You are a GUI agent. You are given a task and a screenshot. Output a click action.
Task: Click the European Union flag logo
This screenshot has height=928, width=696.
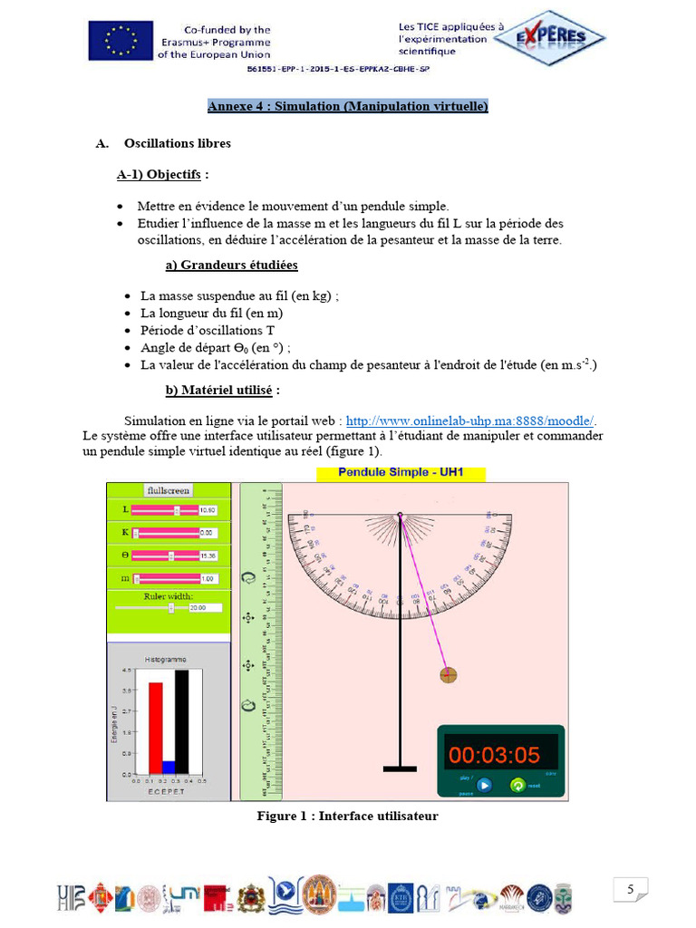(119, 41)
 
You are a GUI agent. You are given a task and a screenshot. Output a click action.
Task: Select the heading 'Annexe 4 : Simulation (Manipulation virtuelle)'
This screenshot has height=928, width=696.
(347, 106)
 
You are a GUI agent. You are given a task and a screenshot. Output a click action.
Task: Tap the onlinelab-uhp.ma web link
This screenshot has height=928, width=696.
(471, 420)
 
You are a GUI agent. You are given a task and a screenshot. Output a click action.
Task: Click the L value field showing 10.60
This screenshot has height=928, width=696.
(209, 510)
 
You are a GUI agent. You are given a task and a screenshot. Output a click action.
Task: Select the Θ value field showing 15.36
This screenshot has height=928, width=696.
(209, 556)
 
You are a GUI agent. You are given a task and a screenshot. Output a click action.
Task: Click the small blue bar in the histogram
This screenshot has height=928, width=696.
(169, 767)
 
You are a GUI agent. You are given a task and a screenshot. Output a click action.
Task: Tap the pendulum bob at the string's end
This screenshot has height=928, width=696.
(448, 674)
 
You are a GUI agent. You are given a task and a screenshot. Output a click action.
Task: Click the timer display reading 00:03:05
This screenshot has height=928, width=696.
(494, 755)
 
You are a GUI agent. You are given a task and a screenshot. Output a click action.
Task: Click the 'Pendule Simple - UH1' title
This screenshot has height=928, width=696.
(400, 473)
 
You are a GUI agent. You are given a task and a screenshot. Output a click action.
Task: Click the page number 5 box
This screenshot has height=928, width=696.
(630, 890)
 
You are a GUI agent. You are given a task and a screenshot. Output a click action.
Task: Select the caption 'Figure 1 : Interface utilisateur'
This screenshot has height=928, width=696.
(347, 816)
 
